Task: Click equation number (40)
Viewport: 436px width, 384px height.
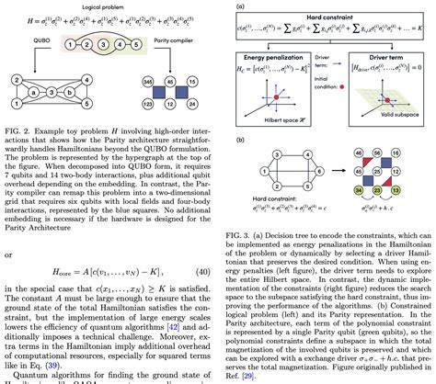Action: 204,275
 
